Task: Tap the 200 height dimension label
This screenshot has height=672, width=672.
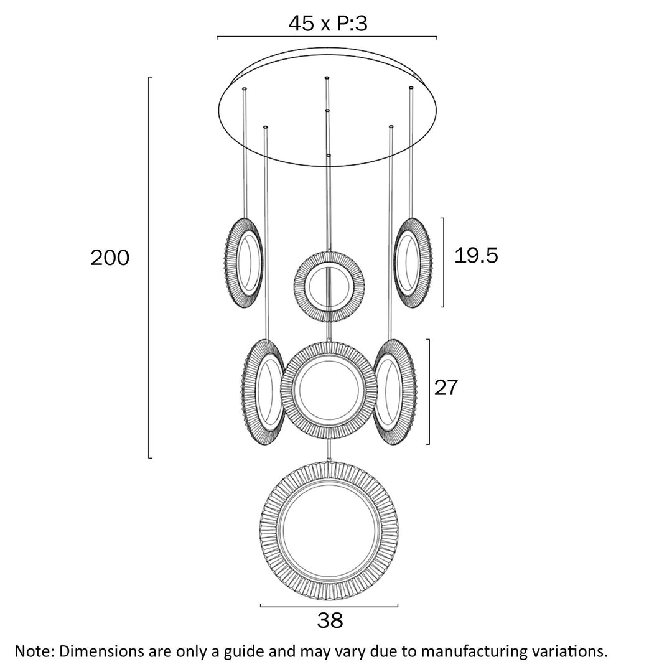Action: pos(110,257)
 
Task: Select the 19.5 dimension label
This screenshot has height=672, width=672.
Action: pos(476,255)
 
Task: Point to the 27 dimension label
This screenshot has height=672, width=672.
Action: pos(446,388)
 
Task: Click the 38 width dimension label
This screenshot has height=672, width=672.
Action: pos(330,620)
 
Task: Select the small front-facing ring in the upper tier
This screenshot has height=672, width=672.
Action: pos(329,286)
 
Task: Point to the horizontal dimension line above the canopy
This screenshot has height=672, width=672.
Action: pos(327,37)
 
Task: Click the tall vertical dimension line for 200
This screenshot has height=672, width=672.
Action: pos(149,268)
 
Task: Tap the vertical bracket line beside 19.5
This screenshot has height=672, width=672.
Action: pos(443,262)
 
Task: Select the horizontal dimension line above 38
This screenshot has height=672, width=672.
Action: pos(329,606)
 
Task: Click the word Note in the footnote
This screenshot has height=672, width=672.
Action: pos(34,651)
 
